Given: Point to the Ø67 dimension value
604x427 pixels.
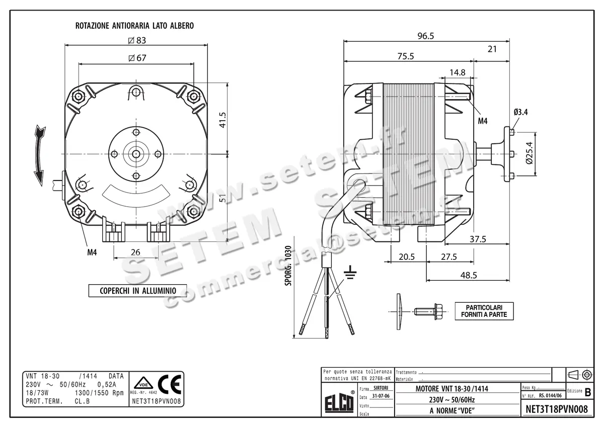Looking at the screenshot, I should [136, 58].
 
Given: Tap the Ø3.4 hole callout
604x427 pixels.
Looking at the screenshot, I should [520, 112].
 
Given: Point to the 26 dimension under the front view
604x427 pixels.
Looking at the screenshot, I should [135, 252].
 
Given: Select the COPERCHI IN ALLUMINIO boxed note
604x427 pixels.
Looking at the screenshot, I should [137, 291].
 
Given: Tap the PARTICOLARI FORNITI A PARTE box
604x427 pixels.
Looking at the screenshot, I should [484, 310].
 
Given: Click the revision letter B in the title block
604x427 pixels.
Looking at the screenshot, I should [588, 391].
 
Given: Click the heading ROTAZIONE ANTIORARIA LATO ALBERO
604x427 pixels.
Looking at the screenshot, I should [134, 25].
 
